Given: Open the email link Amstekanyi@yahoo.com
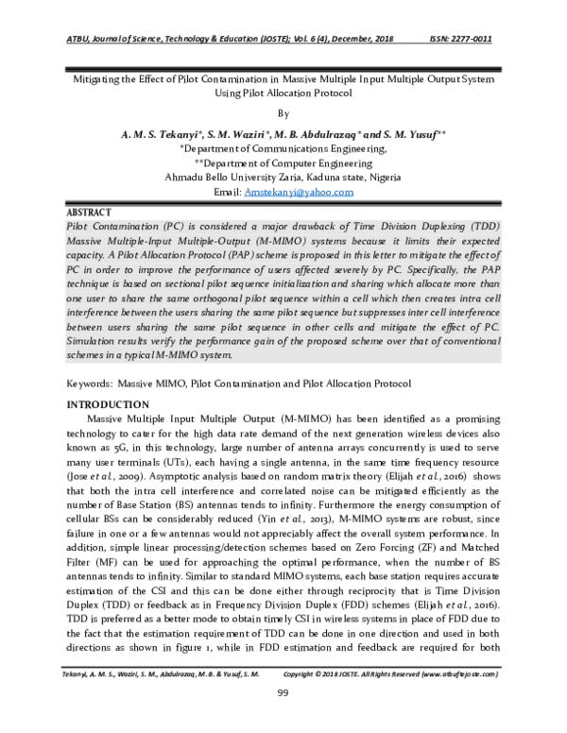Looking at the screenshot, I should pyautogui.click(x=299, y=191).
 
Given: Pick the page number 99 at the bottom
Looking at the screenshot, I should pyautogui.click(x=283, y=695).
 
